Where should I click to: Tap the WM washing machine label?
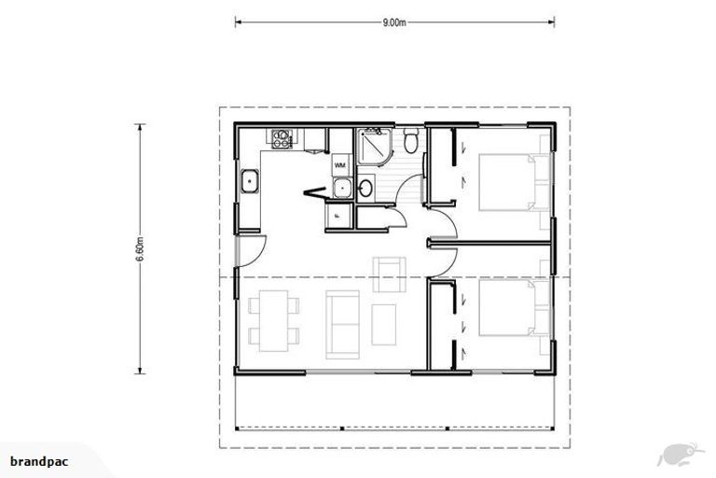click(340, 165)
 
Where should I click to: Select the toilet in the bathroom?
click(411, 142)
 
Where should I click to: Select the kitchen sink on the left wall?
click(250, 182)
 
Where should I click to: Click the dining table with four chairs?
click(273, 319)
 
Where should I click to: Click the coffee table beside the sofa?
click(384, 323)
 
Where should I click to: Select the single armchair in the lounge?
click(387, 270)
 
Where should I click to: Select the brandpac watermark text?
click(40, 461)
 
